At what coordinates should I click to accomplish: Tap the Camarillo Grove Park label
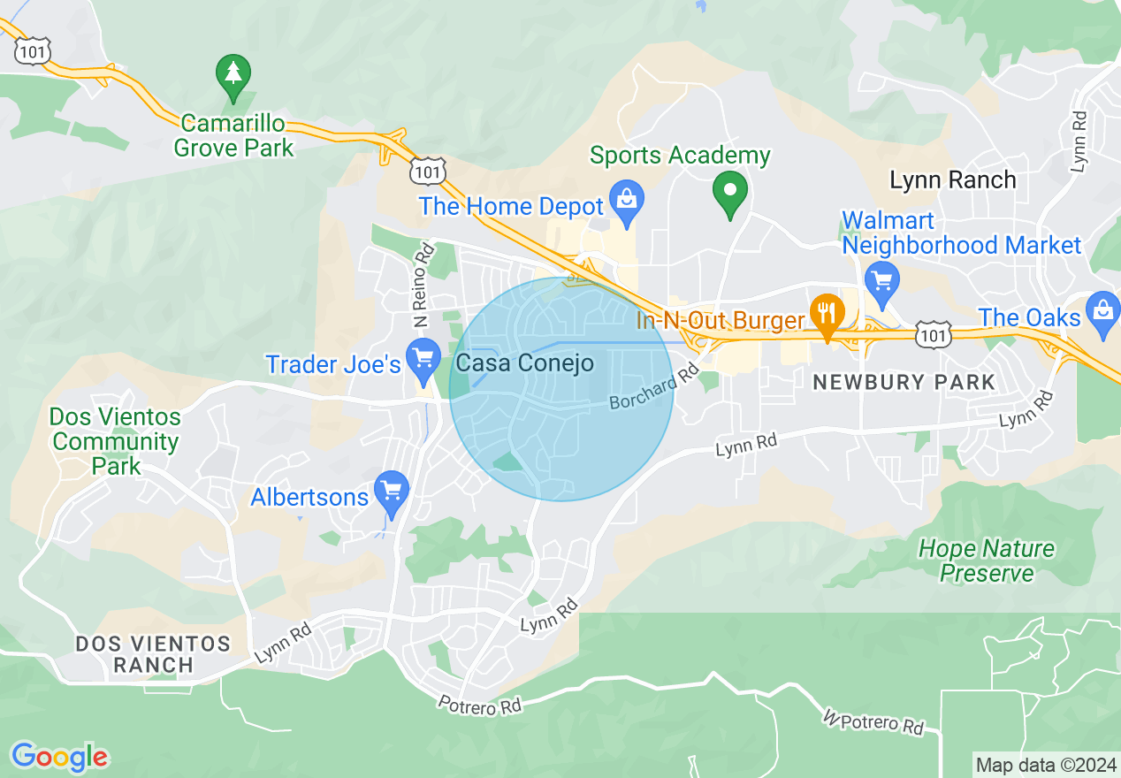[233, 134]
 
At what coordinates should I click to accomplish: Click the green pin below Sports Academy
[730, 192]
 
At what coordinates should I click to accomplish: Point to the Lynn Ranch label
[952, 180]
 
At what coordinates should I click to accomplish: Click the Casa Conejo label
[525, 363]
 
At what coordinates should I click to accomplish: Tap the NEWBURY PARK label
[904, 383]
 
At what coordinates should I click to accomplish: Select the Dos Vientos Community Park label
[115, 440]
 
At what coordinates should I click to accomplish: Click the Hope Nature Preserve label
[987, 561]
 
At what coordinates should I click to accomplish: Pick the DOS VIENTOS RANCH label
[153, 654]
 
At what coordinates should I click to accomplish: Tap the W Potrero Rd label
[873, 721]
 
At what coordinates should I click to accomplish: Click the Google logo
[59, 757]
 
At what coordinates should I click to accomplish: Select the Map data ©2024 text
[1044, 765]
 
